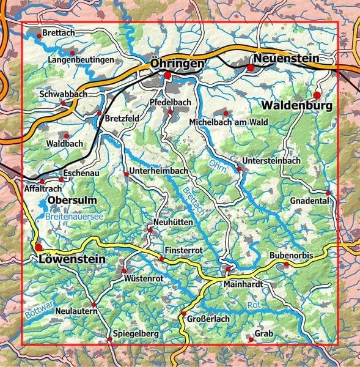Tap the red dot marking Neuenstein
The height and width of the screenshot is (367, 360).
[x=251, y=67]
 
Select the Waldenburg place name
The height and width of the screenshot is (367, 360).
[x=299, y=106]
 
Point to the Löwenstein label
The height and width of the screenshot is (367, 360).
[x=72, y=259]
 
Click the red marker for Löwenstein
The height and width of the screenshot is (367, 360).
[x=39, y=247]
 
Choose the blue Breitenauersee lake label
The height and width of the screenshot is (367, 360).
[x=74, y=216]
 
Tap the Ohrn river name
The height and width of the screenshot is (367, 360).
[x=216, y=165]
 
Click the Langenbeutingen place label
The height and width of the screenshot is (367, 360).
[x=81, y=60]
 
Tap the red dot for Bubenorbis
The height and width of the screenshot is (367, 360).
[x=285, y=264]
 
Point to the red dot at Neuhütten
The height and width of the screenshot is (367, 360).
[x=150, y=230]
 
